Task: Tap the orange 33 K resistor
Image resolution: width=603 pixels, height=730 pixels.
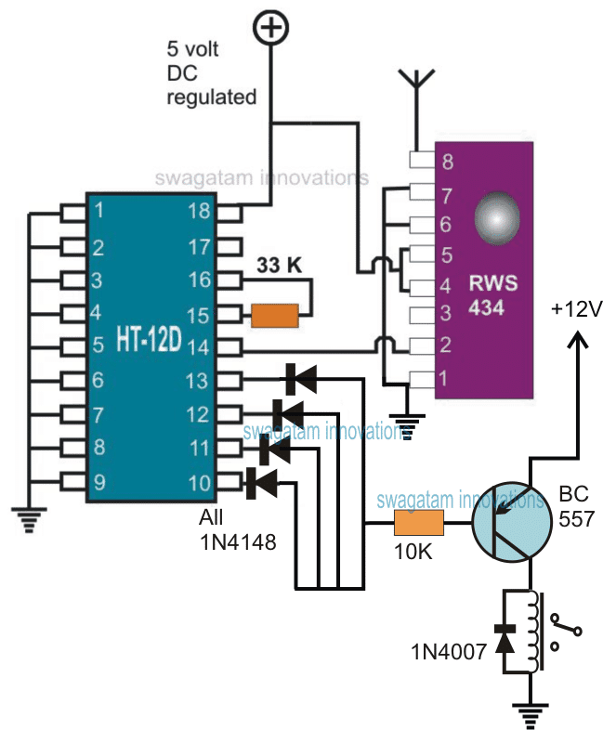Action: (274, 316)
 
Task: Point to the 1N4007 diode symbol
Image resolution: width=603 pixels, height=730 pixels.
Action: (505, 640)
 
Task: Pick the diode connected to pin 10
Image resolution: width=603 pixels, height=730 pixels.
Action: (262, 481)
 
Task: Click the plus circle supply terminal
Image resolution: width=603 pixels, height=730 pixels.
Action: (270, 30)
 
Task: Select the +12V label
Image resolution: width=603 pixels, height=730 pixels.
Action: (573, 309)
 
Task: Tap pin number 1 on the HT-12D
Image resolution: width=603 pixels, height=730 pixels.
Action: (99, 213)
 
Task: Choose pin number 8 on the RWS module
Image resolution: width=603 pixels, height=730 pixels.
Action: (449, 163)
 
